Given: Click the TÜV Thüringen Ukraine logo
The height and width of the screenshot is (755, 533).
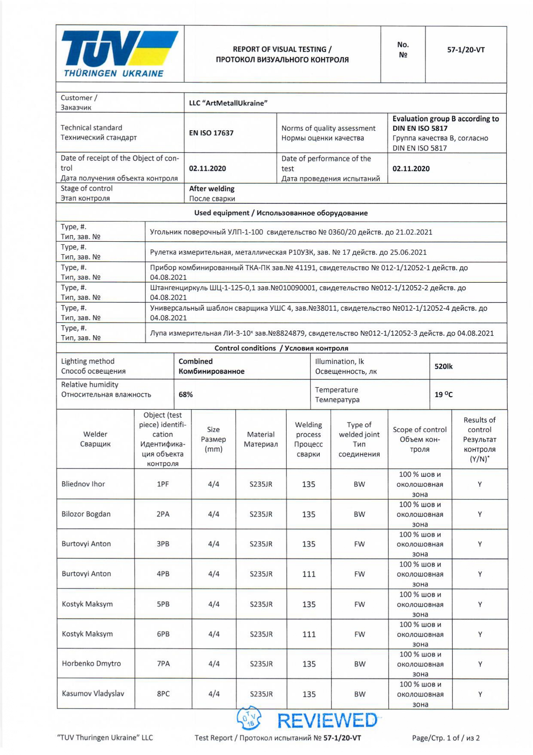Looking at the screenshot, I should pos(119,54).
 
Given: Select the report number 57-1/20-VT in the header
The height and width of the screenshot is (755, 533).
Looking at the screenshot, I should pos(466,50).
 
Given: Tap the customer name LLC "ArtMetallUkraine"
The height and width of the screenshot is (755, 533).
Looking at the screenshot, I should pos(228,103).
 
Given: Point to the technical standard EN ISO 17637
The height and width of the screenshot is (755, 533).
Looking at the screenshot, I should pos(211,133).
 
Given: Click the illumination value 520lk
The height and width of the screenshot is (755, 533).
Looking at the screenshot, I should pos(443,367).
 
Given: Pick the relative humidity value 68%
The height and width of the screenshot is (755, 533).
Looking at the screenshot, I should pos(186,394).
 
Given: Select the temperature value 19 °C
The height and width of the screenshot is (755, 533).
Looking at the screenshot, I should pos(443,394).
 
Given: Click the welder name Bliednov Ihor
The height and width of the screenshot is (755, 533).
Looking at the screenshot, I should pos(83,484).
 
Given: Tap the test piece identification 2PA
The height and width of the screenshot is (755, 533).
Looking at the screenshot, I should pos(163,514).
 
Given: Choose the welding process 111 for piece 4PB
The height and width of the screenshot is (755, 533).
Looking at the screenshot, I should pos(309,574).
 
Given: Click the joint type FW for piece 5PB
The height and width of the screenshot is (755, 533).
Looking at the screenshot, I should pos(359,604).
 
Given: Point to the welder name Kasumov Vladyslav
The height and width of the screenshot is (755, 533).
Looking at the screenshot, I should pos(93,693).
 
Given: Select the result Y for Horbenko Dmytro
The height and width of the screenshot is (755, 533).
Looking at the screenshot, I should pos(480,664).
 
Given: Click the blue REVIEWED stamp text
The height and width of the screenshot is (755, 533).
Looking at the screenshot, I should pos(328,721).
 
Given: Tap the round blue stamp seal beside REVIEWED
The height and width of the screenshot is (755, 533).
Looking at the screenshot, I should pos(249,718).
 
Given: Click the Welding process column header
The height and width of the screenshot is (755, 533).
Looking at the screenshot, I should pos(308,439).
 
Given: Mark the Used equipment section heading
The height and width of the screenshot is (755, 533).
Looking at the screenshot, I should pos(281,213).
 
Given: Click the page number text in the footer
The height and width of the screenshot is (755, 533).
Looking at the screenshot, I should pos(446,738).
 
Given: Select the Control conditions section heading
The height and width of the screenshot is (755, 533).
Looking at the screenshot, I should pos(281,348).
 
